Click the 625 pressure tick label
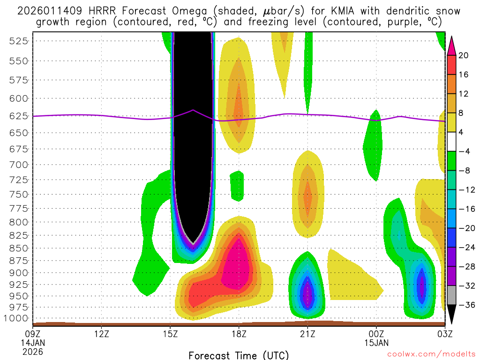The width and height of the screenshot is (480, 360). point(19,116)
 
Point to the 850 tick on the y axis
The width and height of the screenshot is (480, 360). point(19,248)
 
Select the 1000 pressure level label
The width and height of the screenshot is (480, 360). point(17,318)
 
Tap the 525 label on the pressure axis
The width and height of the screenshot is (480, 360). point(19,41)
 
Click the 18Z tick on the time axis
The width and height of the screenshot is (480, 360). point(239,334)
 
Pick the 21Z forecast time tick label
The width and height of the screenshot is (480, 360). point(307,334)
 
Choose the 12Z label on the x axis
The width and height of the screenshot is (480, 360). point(102,334)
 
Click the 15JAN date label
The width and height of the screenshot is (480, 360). point(376,343)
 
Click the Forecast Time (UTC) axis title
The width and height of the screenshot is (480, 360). point(239,355)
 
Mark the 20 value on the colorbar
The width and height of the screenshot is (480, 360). point(464,55)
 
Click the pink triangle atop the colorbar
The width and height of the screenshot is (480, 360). point(451,45)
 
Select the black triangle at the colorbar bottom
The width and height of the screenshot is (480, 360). point(451,314)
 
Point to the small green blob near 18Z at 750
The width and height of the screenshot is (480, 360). point(237,185)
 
